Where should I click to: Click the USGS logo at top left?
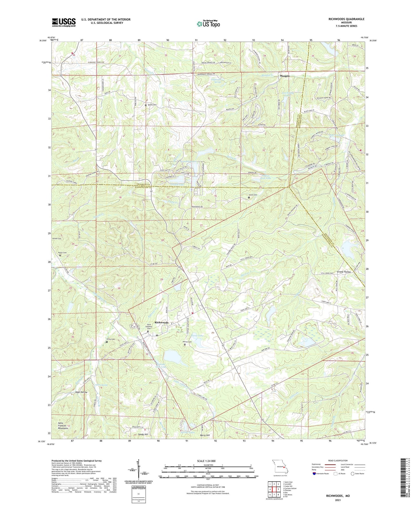(64, 22)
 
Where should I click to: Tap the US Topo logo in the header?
(208, 24)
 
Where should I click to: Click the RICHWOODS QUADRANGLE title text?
(346, 19)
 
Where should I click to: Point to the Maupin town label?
(284, 76)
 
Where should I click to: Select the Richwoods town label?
(162, 323)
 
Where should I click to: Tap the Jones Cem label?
(253, 195)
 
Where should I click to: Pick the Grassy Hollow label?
(344, 272)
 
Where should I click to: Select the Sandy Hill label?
(143, 434)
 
